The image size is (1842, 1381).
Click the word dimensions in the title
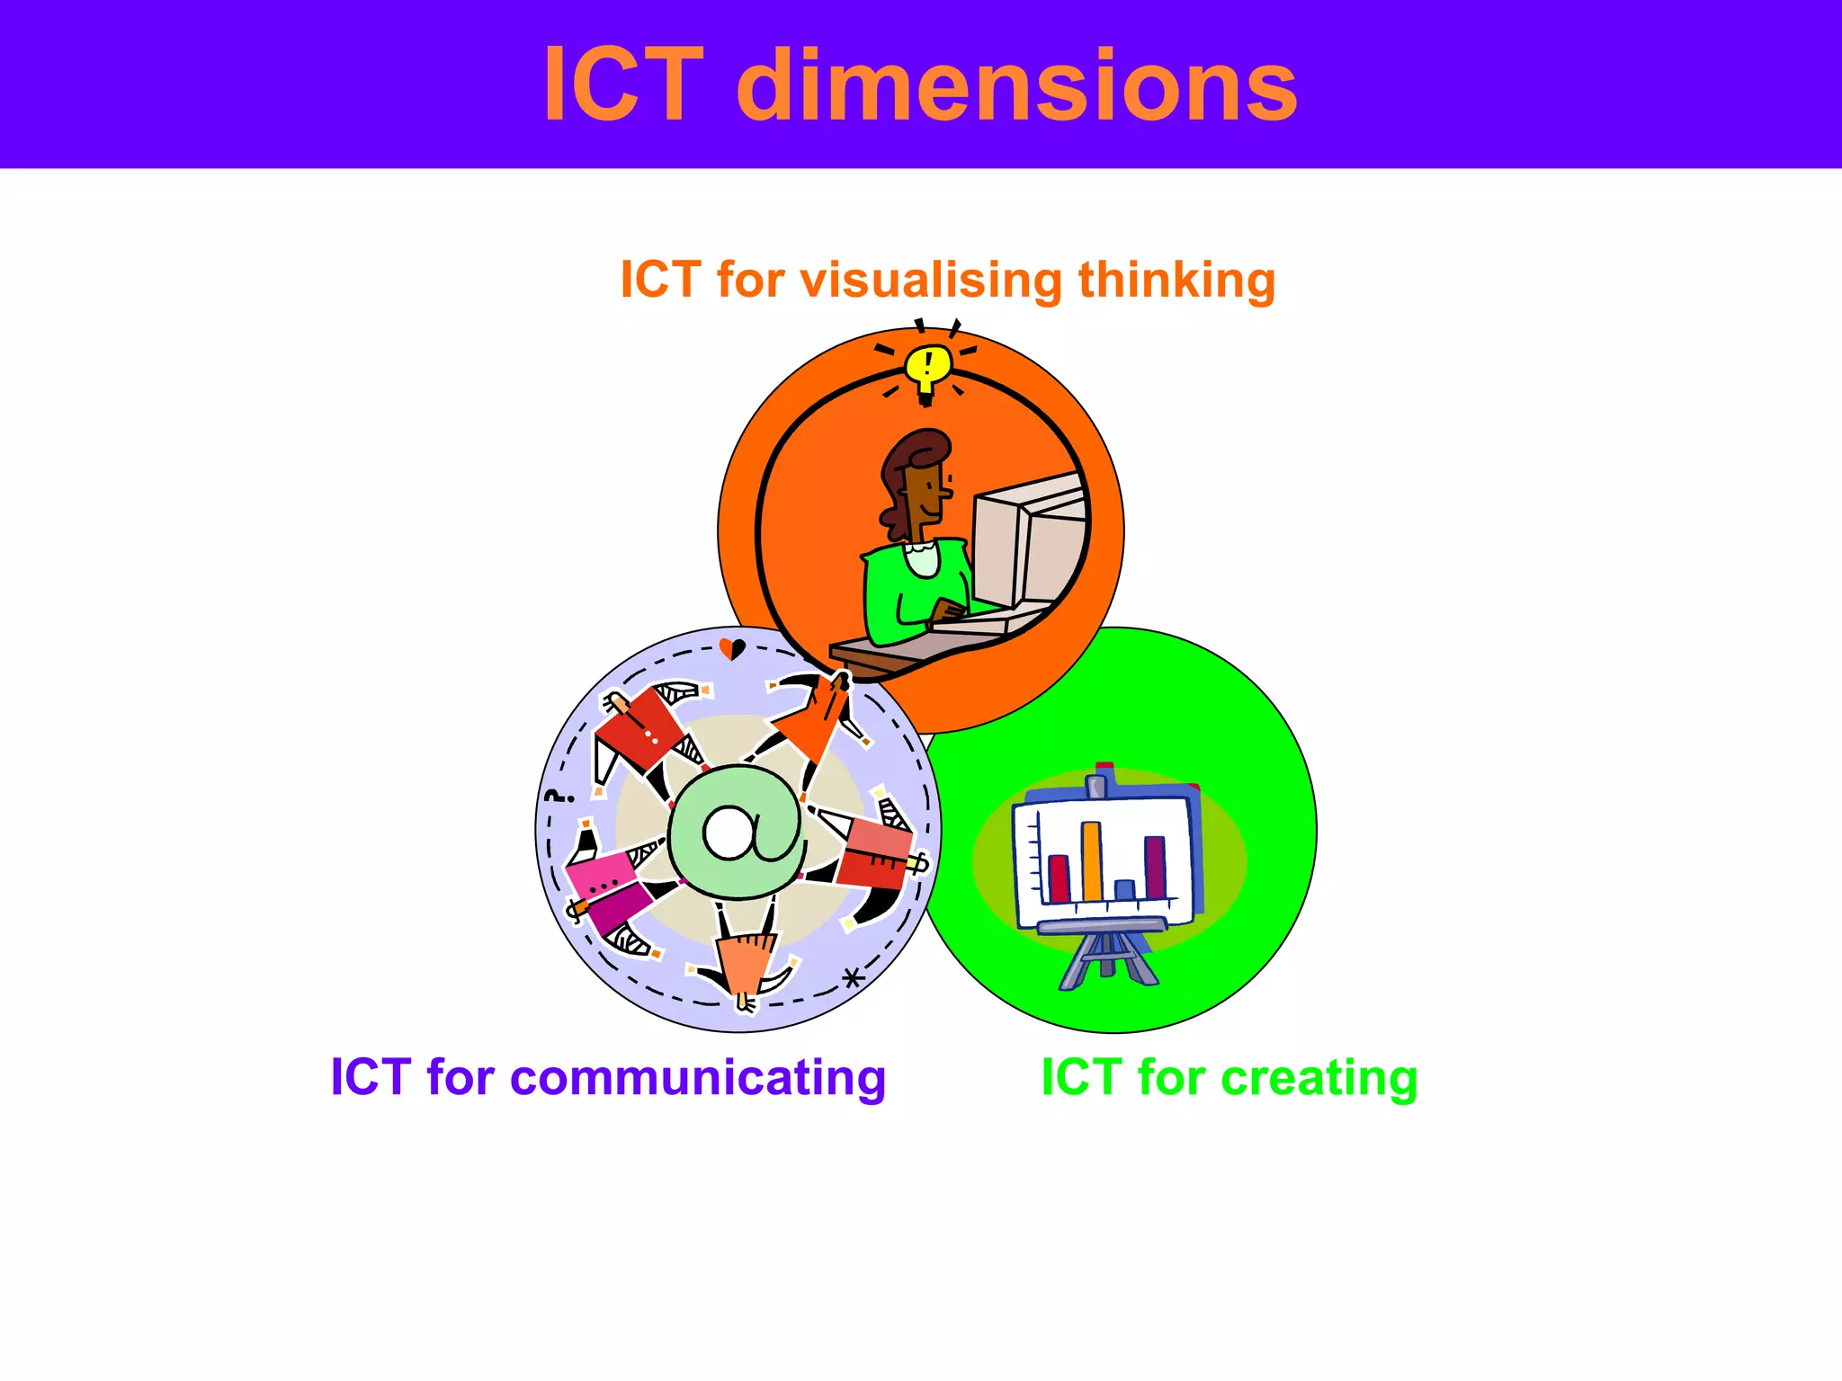[x=1016, y=85]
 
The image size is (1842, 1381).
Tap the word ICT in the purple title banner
[x=622, y=85]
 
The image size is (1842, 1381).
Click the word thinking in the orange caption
[x=1176, y=280]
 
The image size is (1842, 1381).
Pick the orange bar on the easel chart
[x=1092, y=861]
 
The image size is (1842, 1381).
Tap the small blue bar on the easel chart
[x=1124, y=889]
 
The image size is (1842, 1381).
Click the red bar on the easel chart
[x=1059, y=878]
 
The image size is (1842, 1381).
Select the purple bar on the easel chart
[x=1155, y=867]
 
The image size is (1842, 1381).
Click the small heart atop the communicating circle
[x=732, y=647]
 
